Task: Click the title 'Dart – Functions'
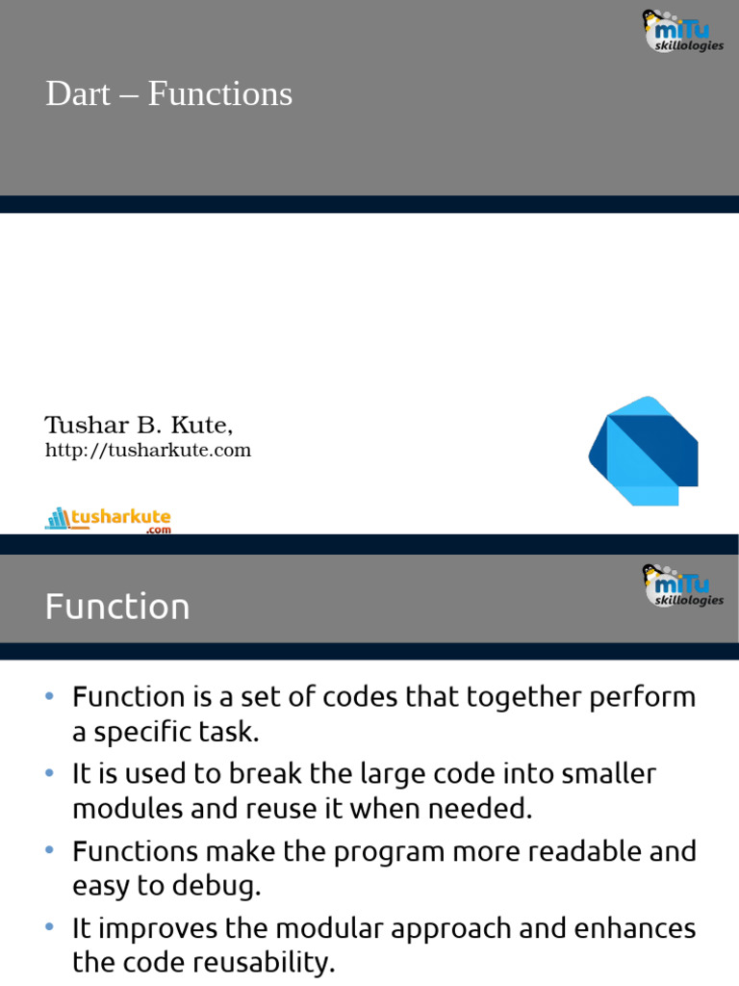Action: (168, 94)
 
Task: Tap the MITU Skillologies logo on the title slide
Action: (682, 31)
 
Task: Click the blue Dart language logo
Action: (643, 450)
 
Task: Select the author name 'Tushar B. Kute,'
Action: (139, 425)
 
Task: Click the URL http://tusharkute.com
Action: (148, 451)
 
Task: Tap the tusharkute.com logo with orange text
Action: (108, 520)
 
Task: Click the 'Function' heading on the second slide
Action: (117, 607)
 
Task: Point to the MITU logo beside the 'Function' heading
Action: (682, 585)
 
